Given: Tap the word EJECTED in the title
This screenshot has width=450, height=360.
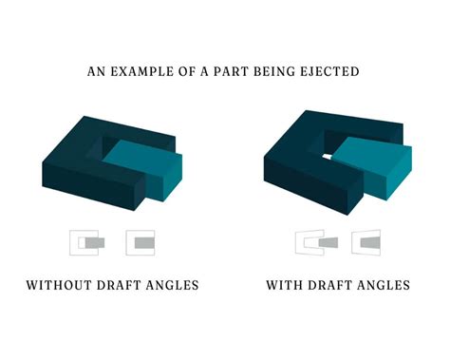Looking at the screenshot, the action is [x=331, y=70].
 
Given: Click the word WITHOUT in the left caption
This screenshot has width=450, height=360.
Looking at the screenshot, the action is [x=60, y=285].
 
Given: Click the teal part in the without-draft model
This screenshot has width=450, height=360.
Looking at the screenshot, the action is [x=142, y=166].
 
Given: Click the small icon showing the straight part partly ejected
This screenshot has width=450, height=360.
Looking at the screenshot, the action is [x=87, y=242].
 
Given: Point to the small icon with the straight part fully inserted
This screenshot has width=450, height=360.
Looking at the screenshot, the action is [x=140, y=242].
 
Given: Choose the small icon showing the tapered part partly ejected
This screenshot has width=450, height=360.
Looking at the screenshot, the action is [x=315, y=243].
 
